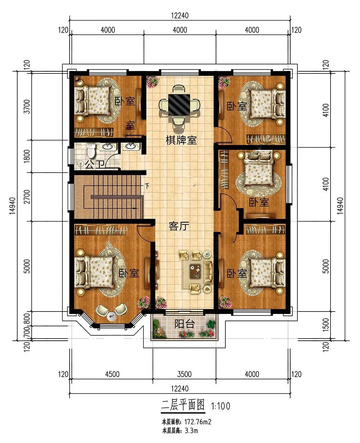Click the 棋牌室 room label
coord(181,140)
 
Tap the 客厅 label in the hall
coord(179,226)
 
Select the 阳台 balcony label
coord(185,324)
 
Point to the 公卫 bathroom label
coord(95,165)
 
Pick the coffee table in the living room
coord(195,271)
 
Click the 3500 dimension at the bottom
coord(184,374)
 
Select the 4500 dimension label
coord(112,374)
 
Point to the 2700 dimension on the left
coord(27,197)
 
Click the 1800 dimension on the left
coord(27,156)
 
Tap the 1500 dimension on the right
coord(326,325)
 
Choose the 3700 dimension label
coord(27,107)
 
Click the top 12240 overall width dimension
coord(180,16)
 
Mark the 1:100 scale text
coord(221,406)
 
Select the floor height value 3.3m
coord(191,430)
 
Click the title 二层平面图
coord(183,405)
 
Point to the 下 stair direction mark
coord(147,185)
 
